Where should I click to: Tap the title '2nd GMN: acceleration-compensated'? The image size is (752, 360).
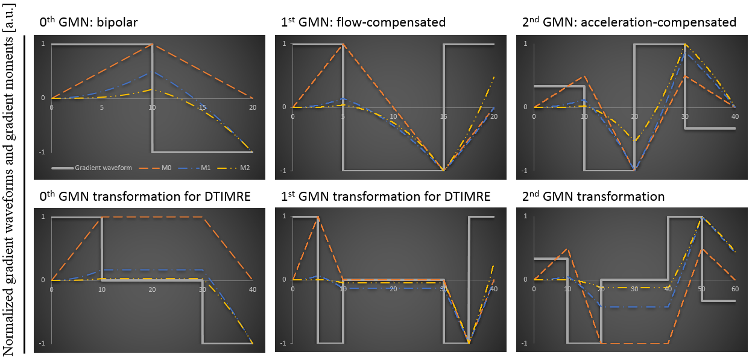click(629, 22)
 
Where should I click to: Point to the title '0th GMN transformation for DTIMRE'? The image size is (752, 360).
click(141, 197)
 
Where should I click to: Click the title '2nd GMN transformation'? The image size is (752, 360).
click(593, 197)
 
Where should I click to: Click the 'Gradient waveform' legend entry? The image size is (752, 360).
click(97, 168)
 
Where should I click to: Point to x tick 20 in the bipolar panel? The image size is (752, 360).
click(253, 107)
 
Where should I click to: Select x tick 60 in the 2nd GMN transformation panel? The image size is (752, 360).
click(735, 289)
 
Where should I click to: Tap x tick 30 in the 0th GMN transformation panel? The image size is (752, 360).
click(203, 289)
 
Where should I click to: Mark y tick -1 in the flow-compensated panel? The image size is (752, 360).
click(283, 171)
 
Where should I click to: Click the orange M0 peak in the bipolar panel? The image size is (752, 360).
click(152, 44)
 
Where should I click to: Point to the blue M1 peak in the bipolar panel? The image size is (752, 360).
click(152, 72)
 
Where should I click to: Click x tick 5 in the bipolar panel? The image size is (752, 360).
click(102, 107)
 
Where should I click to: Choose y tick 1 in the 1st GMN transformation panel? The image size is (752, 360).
click(283, 216)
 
